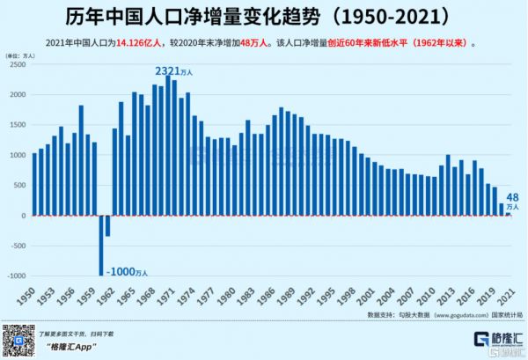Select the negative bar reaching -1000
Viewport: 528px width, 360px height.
click(x=101, y=246)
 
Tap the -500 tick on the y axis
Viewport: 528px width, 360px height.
click(x=16, y=246)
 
